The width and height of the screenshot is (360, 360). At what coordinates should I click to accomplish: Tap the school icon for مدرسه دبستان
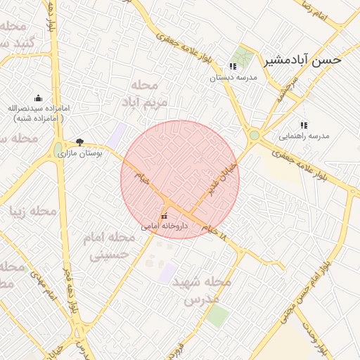point(233,67)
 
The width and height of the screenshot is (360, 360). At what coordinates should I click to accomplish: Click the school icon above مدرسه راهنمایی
point(304,124)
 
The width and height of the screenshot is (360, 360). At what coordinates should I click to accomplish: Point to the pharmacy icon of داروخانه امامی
point(165,216)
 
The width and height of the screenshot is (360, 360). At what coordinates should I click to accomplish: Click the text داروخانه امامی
point(165,226)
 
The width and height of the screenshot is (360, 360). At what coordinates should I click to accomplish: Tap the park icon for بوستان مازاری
point(79,141)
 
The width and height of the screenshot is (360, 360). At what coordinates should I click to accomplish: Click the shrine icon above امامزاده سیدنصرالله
point(38,98)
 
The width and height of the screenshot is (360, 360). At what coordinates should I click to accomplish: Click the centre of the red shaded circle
point(180,179)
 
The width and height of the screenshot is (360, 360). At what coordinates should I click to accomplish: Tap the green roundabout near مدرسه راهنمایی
point(254,135)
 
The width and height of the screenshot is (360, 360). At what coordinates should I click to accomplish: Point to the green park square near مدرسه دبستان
point(245,56)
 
